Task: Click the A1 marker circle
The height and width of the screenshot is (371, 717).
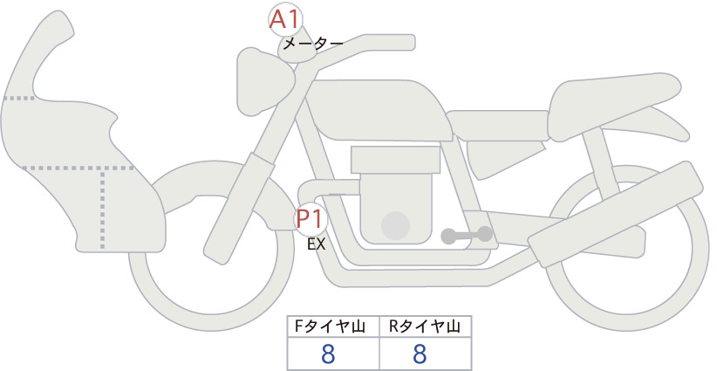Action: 285,20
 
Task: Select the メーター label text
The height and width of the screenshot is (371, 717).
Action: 313,44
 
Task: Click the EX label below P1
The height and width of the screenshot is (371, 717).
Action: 316,244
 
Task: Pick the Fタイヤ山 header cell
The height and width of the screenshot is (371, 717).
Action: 333,326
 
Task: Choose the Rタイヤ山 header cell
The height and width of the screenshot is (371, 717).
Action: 426,326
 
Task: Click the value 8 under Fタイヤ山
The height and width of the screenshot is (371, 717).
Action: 328,354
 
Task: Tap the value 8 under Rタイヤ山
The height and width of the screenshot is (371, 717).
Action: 420,354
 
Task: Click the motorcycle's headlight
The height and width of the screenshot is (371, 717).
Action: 263,81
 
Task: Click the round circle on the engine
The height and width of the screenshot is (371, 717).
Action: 395,225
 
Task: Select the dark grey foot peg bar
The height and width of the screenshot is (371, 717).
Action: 467,235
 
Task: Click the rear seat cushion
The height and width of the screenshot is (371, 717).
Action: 612,106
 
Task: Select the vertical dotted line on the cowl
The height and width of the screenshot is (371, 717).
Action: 102,209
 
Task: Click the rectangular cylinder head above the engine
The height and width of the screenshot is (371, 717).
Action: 395,160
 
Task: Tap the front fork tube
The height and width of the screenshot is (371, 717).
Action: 239,209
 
